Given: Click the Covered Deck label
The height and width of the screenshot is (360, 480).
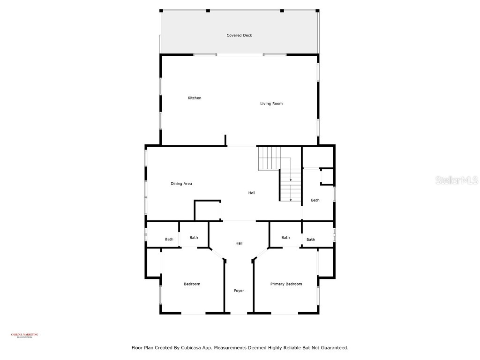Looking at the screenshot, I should pyautogui.click(x=239, y=36).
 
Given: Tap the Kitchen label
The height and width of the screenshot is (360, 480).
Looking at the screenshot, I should pyautogui.click(x=195, y=98).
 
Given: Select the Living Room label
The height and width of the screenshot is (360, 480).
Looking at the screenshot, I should pyautogui.click(x=271, y=104).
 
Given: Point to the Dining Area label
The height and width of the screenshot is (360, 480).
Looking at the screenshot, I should pyautogui.click(x=181, y=184).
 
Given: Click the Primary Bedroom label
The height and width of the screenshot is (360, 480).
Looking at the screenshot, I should pyautogui.click(x=286, y=284).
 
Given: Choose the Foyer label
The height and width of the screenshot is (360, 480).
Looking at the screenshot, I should pyautogui.click(x=239, y=291).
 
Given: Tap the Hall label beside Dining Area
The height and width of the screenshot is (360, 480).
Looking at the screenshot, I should pyautogui.click(x=252, y=193).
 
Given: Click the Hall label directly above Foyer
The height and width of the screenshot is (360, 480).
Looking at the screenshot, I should pyautogui.click(x=239, y=243).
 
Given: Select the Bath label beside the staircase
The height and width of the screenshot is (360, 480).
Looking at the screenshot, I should pyautogui.click(x=315, y=200).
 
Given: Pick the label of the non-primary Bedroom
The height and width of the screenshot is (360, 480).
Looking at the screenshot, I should pyautogui.click(x=192, y=284).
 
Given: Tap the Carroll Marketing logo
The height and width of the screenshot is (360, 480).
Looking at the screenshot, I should pyautogui.click(x=24, y=335).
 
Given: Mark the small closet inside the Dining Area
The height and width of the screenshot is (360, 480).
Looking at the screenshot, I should pyautogui.click(x=207, y=210).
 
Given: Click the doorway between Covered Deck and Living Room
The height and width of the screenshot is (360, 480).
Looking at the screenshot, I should pyautogui.click(x=240, y=55).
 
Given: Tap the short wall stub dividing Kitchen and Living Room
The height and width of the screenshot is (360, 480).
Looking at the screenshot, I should pyautogui.click(x=225, y=141).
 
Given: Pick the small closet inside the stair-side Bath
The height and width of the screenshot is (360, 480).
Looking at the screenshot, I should pyautogui.click(x=327, y=177).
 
